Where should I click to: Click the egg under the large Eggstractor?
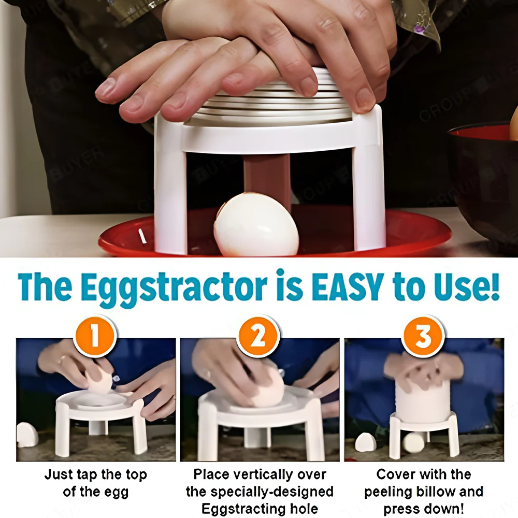point(256,225)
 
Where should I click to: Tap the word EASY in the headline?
point(350,286)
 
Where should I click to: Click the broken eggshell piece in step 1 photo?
point(27,434)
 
